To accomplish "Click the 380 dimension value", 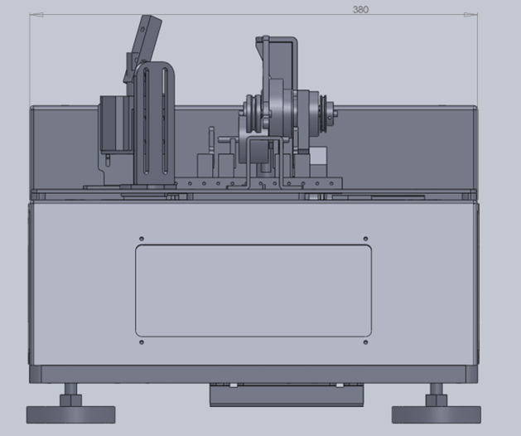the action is pyautogui.click(x=360, y=9).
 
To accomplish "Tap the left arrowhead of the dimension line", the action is pyautogui.click(x=36, y=15).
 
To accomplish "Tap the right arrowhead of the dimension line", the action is pyautogui.click(x=470, y=15).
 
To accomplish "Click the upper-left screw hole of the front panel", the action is pyautogui.click(x=142, y=239).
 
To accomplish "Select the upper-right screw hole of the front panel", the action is pyautogui.click(x=365, y=239).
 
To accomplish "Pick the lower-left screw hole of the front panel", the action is pyautogui.click(x=142, y=342).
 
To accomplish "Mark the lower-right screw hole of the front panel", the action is pyautogui.click(x=365, y=342).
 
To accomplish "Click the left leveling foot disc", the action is pyautogui.click(x=70, y=414).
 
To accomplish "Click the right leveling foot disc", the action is pyautogui.click(x=437, y=414).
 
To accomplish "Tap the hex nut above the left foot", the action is pyautogui.click(x=70, y=400).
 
